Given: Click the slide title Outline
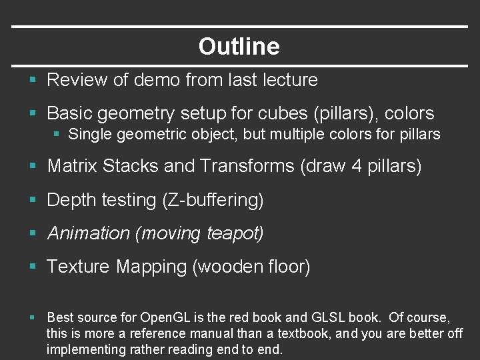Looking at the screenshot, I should [239, 47].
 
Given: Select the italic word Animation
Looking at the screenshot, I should [89, 233].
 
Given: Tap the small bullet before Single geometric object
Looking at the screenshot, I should [58, 134].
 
